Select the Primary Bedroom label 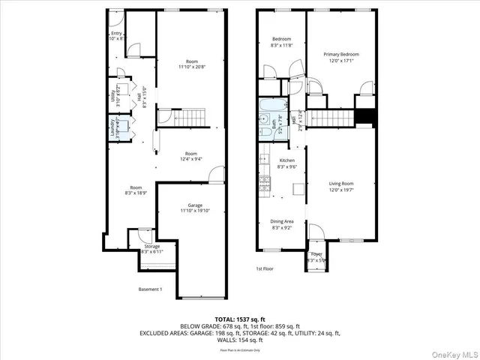click(x=341, y=55)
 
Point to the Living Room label click(x=341, y=183)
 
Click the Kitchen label click(x=287, y=160)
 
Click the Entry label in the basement click(x=116, y=34)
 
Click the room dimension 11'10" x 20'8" click(x=193, y=67)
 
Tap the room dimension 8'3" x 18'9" click(x=136, y=192)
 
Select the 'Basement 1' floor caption click(x=150, y=289)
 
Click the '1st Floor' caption click(x=265, y=268)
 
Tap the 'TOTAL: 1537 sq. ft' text click(x=240, y=319)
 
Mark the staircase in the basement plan click(x=192, y=117)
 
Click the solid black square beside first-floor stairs click(x=364, y=117)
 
